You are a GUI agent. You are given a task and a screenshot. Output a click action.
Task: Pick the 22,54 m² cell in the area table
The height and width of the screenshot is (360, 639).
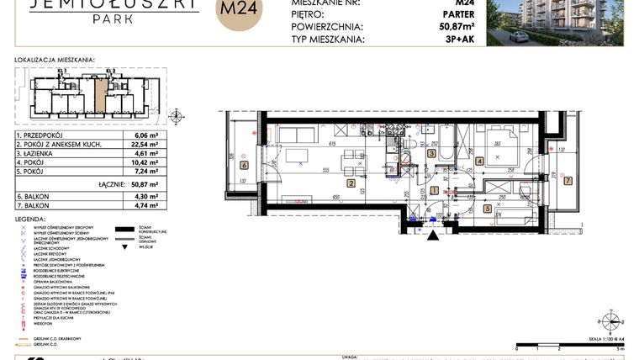146,145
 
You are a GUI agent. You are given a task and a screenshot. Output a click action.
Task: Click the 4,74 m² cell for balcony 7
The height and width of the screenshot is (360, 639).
146,204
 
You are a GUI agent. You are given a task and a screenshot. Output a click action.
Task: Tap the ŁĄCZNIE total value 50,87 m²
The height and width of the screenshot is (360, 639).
145,183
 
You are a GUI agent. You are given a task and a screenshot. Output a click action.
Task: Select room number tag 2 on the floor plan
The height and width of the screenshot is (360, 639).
351,182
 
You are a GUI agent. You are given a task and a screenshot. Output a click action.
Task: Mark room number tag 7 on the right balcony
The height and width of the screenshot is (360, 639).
568,180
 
